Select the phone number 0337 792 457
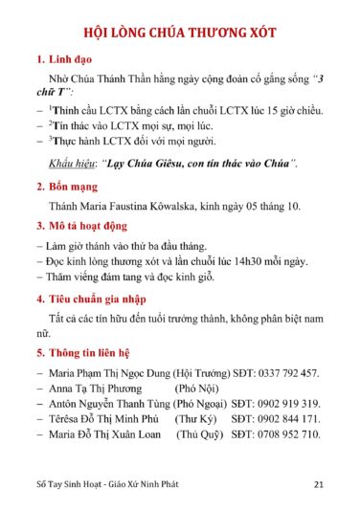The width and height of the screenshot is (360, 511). click(287, 373)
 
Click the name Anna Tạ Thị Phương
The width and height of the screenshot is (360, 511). click(95, 389)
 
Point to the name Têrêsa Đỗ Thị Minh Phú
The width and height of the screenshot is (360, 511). click(103, 419)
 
